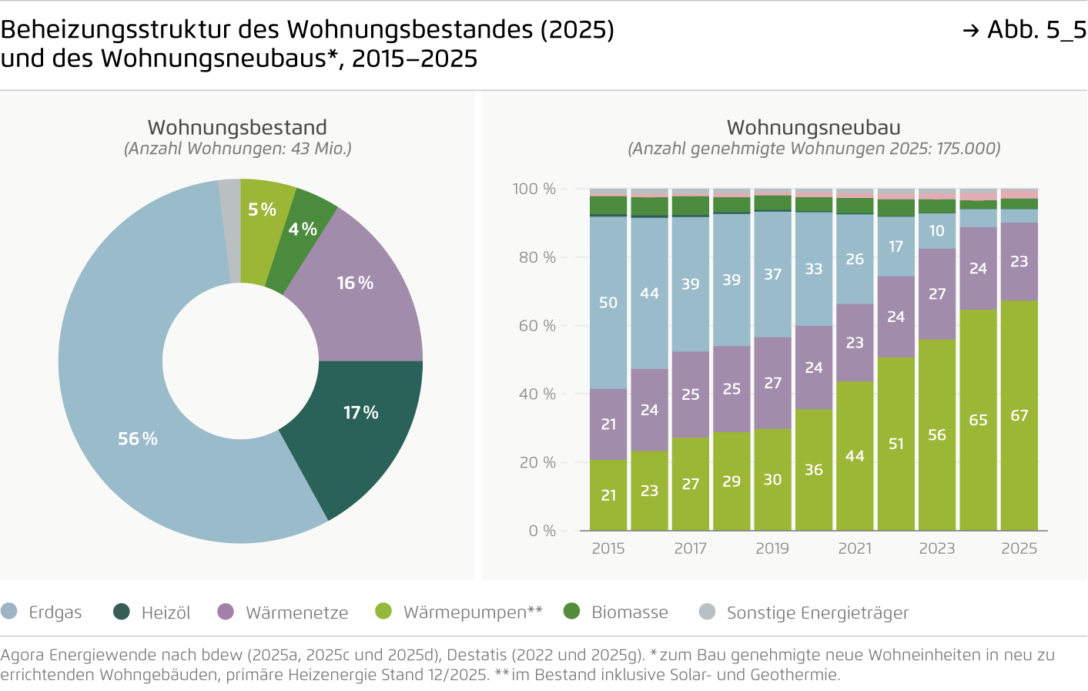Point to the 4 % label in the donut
[303, 230]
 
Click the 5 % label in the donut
[262, 210]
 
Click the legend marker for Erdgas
[9, 612]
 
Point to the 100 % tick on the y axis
[534, 189]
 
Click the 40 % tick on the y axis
[537, 394]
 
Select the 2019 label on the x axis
[772, 548]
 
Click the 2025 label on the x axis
[1019, 548]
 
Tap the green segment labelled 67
[1019, 415]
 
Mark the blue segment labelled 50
[608, 303]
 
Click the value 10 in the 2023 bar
[936, 230]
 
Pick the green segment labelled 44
[855, 456]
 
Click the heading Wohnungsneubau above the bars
[814, 127]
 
